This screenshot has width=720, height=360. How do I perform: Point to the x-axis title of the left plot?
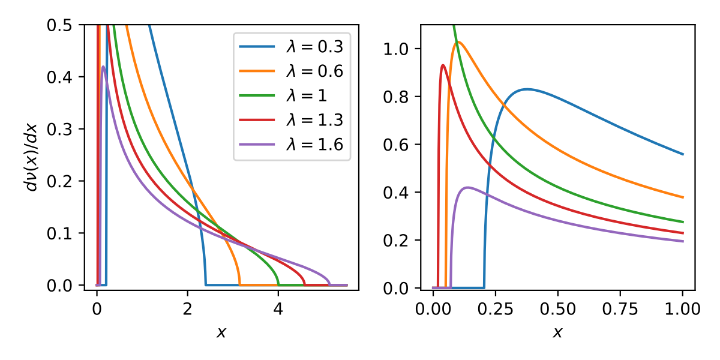click(x=221, y=332)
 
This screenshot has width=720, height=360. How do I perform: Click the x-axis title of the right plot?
click(x=558, y=332)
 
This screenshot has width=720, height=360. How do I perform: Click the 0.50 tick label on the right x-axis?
click(x=558, y=310)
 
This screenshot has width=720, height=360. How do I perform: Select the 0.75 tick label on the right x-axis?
click(x=620, y=310)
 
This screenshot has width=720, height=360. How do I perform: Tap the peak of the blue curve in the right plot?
click(x=527, y=89)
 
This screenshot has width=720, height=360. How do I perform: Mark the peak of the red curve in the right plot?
click(x=443, y=65)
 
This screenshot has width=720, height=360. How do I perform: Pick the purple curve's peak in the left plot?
click(x=103, y=67)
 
